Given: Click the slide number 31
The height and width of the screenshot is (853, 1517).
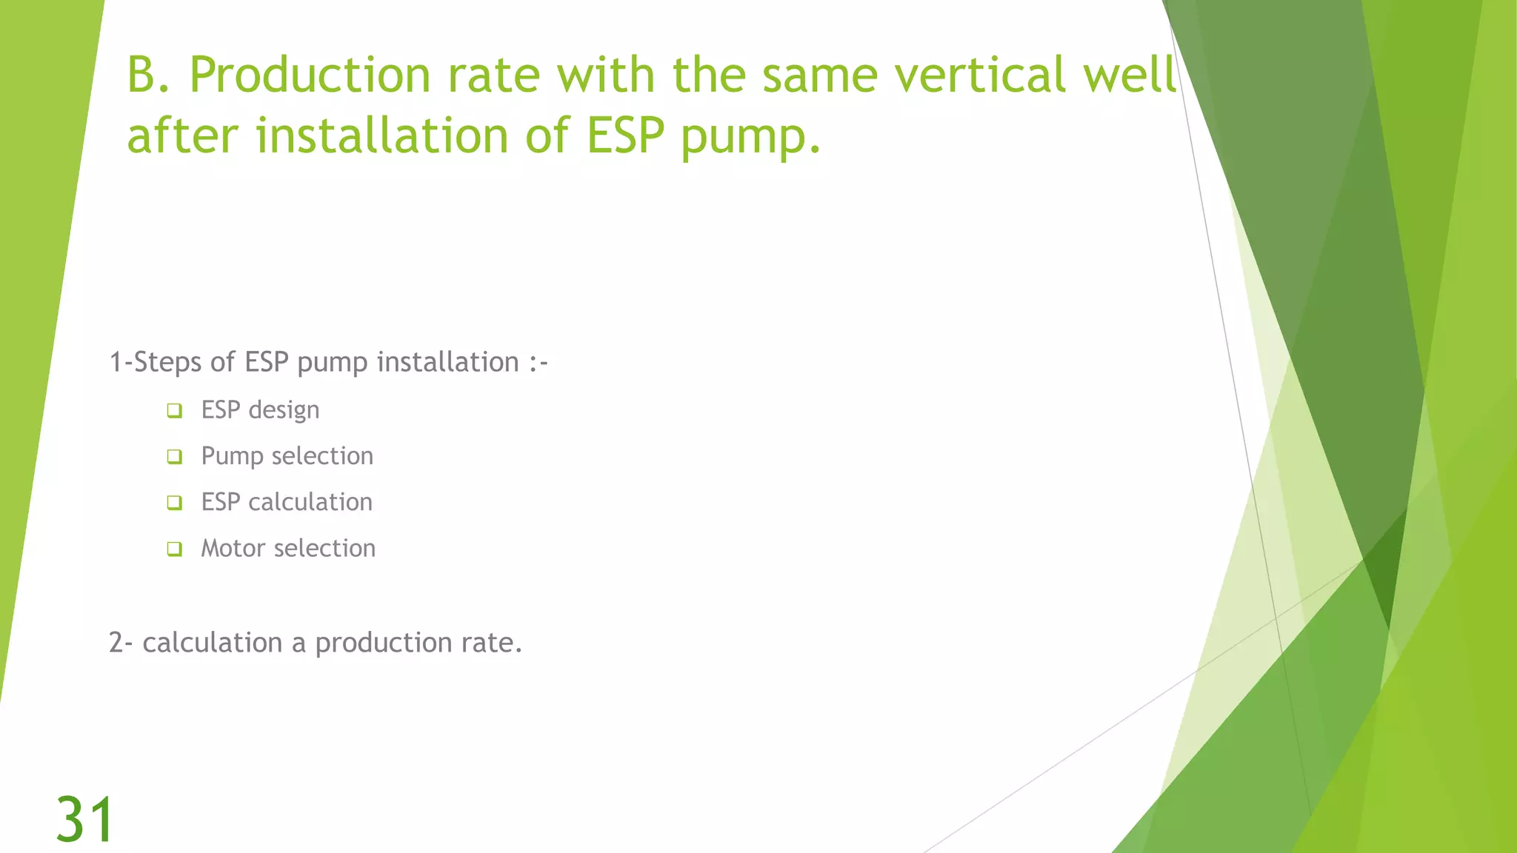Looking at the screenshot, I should (85, 819).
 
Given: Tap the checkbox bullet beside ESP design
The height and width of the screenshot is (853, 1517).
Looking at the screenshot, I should (175, 410).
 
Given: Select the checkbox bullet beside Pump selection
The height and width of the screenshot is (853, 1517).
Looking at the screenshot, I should (175, 456).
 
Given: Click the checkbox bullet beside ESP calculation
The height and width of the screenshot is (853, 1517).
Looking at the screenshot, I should (175, 503).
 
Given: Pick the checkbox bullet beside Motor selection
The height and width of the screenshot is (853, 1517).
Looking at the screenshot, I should (175, 549).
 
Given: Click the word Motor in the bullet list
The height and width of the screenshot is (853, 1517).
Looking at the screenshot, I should (233, 548).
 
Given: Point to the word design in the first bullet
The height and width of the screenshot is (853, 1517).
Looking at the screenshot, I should (284, 410).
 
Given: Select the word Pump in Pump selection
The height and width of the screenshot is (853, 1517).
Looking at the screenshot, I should (232, 456).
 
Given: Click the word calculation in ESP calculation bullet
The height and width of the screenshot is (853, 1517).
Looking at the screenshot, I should (310, 502).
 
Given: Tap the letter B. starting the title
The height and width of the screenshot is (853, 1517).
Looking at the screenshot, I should (149, 75).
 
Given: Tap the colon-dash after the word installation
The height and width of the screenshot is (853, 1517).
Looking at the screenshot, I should (539, 363).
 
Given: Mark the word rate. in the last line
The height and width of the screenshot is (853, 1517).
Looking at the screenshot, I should (492, 643).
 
